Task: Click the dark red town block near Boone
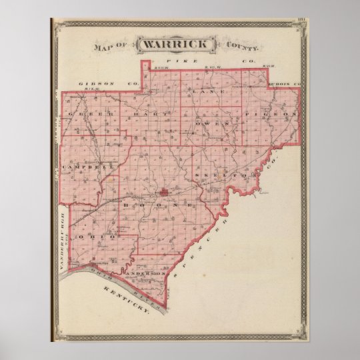click(163, 194)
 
